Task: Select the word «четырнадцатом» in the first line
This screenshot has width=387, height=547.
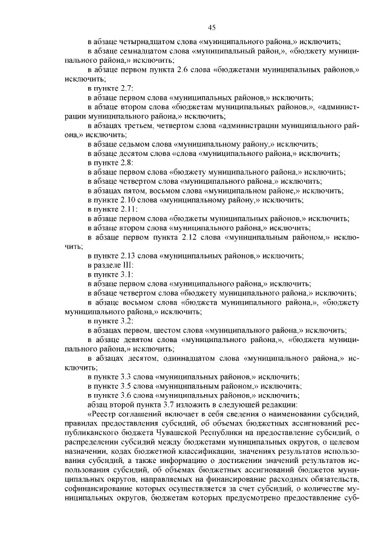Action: [141, 42]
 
